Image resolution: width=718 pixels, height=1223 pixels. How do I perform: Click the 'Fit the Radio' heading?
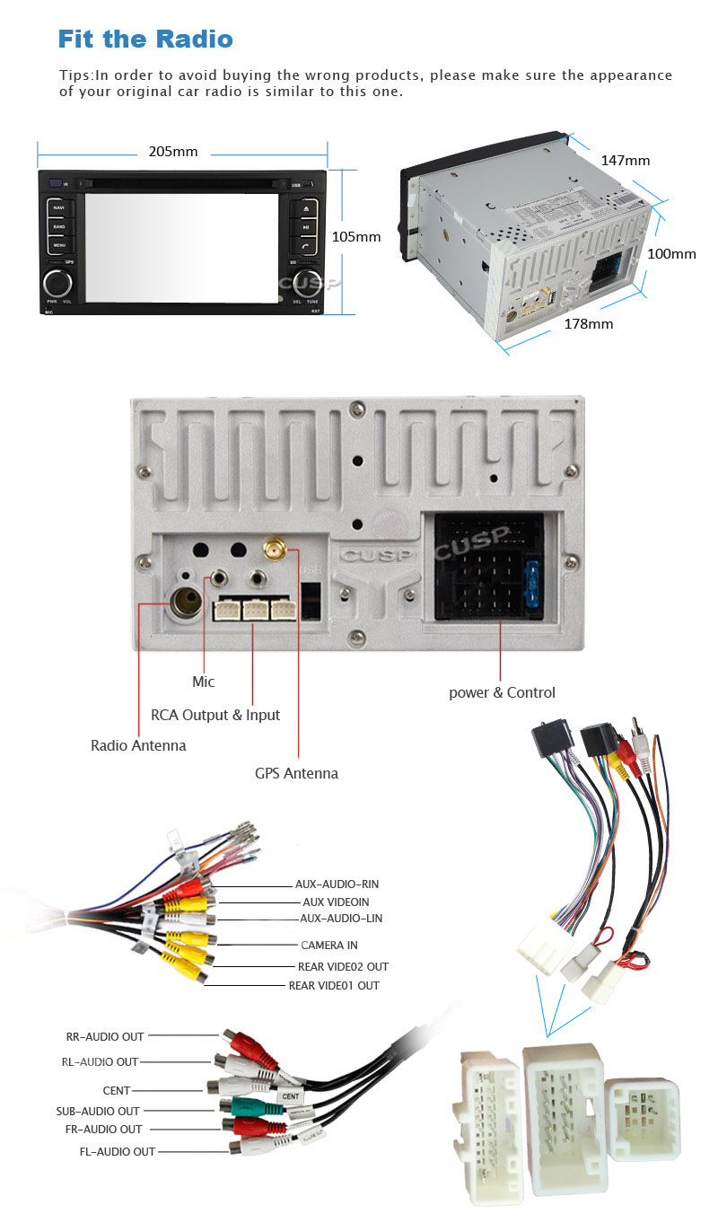[144, 39]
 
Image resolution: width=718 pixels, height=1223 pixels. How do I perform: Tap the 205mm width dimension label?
[172, 152]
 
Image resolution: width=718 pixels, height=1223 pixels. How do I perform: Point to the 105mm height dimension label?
[356, 237]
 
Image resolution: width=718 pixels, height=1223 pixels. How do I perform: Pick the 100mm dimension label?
[671, 254]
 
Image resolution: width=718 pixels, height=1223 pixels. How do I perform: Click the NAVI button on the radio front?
[59, 208]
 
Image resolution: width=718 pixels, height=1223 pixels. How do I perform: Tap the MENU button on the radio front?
[59, 245]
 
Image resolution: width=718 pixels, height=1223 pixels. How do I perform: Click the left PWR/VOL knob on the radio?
[58, 282]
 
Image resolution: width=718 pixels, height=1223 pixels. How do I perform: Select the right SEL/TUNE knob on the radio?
[306, 281]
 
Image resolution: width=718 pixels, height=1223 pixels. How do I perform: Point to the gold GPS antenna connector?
[272, 548]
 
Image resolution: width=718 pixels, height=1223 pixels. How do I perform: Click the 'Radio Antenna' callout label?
[138, 745]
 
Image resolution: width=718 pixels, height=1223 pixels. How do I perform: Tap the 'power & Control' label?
[502, 692]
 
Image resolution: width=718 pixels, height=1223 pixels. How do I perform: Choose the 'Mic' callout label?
[204, 682]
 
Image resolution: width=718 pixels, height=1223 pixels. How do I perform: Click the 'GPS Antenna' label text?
[296, 773]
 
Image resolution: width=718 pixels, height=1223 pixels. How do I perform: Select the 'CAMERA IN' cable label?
[328, 945]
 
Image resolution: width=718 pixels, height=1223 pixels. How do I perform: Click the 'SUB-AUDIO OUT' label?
[98, 1111]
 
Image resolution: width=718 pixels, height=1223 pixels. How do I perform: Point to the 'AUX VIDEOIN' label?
[335, 902]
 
